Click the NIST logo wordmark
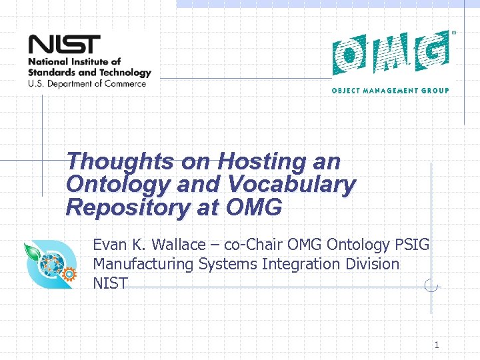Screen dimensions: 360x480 (x=63, y=45)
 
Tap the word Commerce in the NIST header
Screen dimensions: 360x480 (x=124, y=84)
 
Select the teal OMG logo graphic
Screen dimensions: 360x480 (x=391, y=53)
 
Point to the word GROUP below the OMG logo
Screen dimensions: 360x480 (x=434, y=91)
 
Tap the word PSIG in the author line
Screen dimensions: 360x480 (x=413, y=245)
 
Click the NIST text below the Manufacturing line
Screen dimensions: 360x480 (x=110, y=283)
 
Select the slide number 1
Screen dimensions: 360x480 (x=437, y=345)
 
